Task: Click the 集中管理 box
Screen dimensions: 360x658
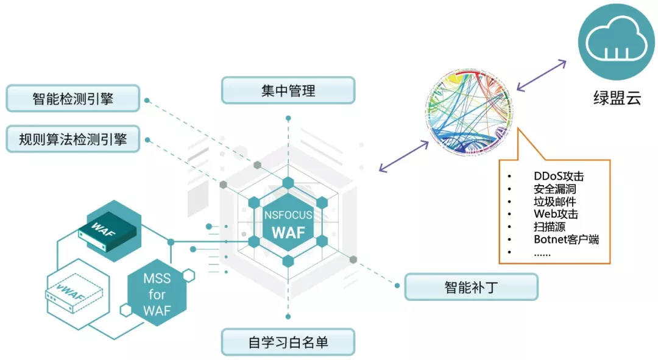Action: coord(288,90)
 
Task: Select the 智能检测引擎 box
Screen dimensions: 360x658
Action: coord(73,99)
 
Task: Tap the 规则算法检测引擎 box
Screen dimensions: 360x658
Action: coord(73,139)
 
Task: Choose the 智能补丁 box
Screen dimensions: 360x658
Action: coord(471,287)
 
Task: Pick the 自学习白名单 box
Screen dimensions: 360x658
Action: coord(288,342)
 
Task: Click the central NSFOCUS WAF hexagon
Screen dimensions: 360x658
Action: coord(288,223)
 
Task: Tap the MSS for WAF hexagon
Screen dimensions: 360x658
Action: coord(157,295)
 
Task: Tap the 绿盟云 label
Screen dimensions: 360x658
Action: coord(617,97)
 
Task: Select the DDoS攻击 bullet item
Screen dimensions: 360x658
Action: coord(558,177)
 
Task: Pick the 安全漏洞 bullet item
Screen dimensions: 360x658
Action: coord(554,189)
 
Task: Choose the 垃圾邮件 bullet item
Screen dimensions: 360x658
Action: coord(554,202)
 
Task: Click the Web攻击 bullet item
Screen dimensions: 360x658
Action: coord(556,214)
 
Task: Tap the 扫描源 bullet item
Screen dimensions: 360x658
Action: coord(549,227)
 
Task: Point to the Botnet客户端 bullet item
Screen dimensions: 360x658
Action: coord(566,239)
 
